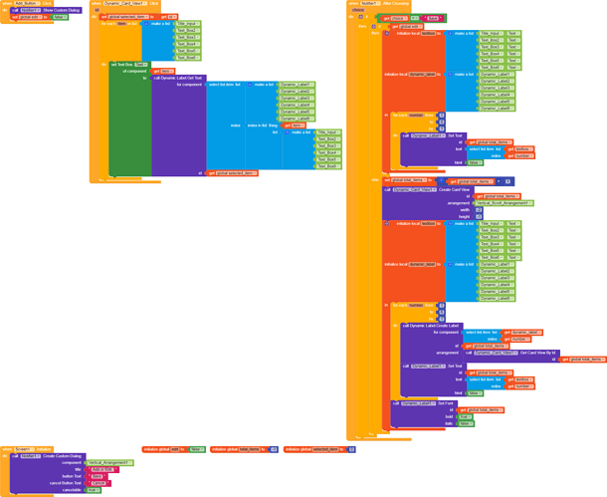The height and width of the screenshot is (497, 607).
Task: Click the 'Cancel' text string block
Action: (98, 482)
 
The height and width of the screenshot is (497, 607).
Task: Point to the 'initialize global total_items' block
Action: (243, 450)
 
